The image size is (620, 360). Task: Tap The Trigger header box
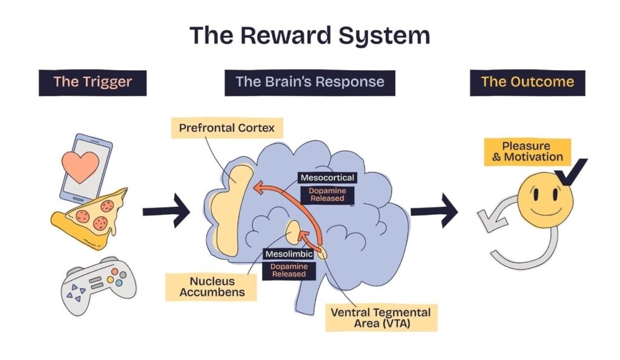[x=92, y=82]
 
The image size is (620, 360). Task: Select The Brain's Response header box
[x=309, y=82]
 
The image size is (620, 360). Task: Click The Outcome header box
[x=527, y=82]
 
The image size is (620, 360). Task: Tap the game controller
[x=98, y=285]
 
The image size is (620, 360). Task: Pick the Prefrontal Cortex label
[x=227, y=128]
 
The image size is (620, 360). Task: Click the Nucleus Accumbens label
[x=209, y=287]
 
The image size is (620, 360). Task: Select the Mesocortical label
[x=327, y=178]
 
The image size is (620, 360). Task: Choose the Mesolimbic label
[x=288, y=254]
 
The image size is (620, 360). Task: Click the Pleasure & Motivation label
[x=527, y=152]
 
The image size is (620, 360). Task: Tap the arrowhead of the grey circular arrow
[x=488, y=218]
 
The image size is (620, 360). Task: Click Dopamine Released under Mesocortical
[x=327, y=194]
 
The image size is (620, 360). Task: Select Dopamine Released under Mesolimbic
[x=289, y=270]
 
